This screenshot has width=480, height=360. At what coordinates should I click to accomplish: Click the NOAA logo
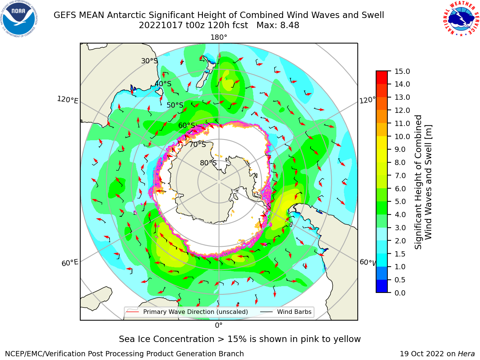[x=19, y=19]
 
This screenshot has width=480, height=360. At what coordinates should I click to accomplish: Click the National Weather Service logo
[x=461, y=19]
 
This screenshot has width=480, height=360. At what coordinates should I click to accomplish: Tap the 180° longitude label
[x=219, y=37]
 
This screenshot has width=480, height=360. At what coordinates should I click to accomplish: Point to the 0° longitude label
[x=219, y=325]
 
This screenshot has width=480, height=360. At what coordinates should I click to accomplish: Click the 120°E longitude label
[x=67, y=100]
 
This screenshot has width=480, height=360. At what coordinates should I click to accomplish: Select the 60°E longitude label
[x=70, y=262]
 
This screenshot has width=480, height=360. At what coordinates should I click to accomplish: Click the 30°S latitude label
[x=149, y=61]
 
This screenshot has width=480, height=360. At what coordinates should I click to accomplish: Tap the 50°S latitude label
[x=175, y=105]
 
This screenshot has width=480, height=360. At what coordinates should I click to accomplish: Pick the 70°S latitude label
[x=198, y=144]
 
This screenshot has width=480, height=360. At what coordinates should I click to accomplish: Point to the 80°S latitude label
[x=208, y=163]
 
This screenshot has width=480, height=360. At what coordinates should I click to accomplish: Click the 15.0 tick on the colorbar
[x=402, y=71]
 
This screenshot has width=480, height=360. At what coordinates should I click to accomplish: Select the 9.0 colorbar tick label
[x=400, y=150]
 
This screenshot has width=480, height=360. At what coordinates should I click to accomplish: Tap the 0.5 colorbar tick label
[x=400, y=280]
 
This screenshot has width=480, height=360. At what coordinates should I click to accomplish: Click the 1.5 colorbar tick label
[x=400, y=254]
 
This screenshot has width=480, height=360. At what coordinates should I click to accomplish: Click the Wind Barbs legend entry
[x=286, y=312]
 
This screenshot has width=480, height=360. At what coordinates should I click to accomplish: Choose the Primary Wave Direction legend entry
[x=187, y=312]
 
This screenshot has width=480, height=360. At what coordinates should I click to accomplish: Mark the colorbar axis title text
[x=423, y=182]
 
